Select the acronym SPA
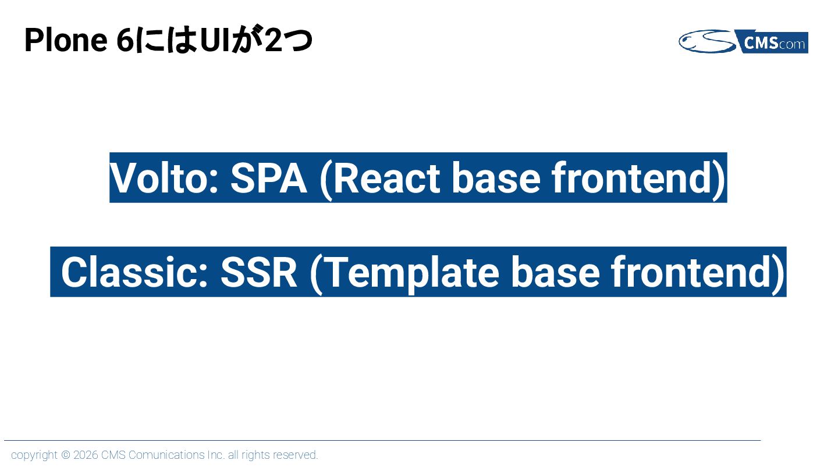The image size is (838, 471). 268,178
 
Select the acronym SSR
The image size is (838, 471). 259,272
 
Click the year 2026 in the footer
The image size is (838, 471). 86,455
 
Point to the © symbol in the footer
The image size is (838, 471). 66,455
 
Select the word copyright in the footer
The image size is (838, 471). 34,455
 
